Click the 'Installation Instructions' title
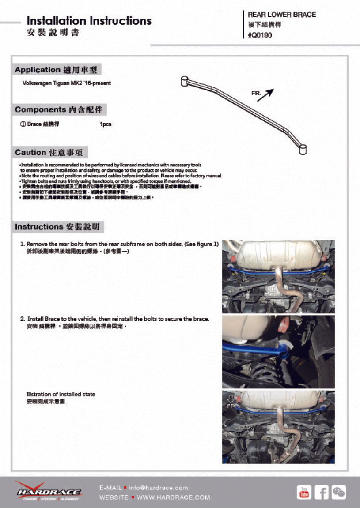click(x=89, y=21)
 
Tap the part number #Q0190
click(x=260, y=35)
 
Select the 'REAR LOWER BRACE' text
click(x=282, y=15)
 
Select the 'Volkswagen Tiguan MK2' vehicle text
click(x=66, y=83)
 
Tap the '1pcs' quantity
click(x=106, y=124)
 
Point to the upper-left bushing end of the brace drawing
click(x=185, y=81)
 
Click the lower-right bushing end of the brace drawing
click(x=303, y=149)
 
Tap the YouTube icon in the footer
click(x=304, y=492)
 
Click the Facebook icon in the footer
click(x=321, y=492)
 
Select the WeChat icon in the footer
click(x=339, y=492)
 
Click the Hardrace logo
click(x=49, y=491)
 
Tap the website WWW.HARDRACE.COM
click(x=173, y=497)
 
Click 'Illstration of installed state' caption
click(x=61, y=394)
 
